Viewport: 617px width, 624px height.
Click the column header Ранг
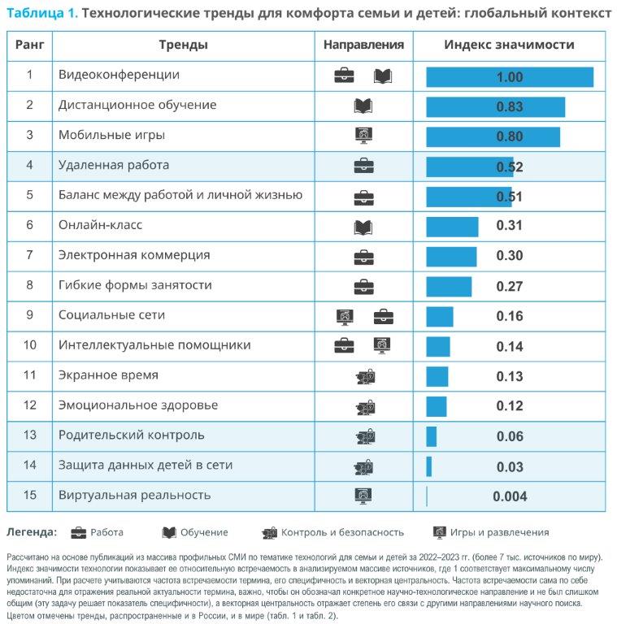[x=29, y=45]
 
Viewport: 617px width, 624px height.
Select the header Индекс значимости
[x=509, y=45]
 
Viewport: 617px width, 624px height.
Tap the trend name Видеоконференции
[x=119, y=75]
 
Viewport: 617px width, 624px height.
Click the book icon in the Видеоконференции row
[x=383, y=76]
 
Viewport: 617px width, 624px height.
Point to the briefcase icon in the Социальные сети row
[x=384, y=317]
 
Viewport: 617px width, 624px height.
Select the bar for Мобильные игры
[x=493, y=136]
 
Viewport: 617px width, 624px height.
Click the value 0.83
[x=509, y=106]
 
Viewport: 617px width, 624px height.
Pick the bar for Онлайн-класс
[x=452, y=227]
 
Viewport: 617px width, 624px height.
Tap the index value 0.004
[x=510, y=496]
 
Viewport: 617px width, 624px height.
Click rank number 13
[x=29, y=435]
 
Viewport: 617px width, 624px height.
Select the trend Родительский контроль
[x=132, y=435]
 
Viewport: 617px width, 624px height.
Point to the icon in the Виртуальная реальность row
[x=363, y=496]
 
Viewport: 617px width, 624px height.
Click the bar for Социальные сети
[x=440, y=317]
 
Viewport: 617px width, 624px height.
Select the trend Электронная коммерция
[x=134, y=255]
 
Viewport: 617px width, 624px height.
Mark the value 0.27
[x=509, y=287]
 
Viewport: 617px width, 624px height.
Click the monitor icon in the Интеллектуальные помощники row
[x=382, y=345]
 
